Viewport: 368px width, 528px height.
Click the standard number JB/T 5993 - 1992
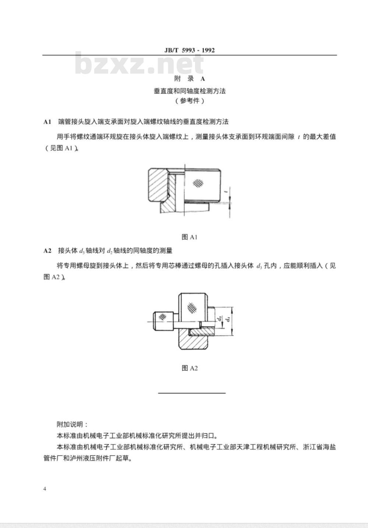coord(190,50)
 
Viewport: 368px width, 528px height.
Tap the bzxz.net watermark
coord(139,63)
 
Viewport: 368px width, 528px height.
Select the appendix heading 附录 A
coord(190,79)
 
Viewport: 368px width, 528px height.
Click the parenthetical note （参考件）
coord(190,101)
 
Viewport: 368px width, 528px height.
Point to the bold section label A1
coord(47,122)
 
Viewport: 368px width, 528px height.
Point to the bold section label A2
coord(47,251)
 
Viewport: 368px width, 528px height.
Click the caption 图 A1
coord(190,237)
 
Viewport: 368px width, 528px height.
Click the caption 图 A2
coord(190,368)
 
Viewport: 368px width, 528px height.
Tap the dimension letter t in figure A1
coord(227,192)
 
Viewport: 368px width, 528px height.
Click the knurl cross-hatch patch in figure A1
coord(198,183)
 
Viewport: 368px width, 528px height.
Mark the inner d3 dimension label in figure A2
coord(220,319)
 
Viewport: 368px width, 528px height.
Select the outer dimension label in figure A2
coord(228,319)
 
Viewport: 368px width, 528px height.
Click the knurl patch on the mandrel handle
coord(162,317)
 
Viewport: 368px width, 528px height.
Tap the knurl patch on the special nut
coord(192,307)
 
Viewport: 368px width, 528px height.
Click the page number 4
coord(45,489)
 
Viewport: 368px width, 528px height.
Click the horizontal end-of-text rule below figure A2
coord(192,393)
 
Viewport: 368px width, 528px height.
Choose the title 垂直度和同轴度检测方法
coord(190,91)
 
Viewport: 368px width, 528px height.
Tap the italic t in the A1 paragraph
coord(299,137)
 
